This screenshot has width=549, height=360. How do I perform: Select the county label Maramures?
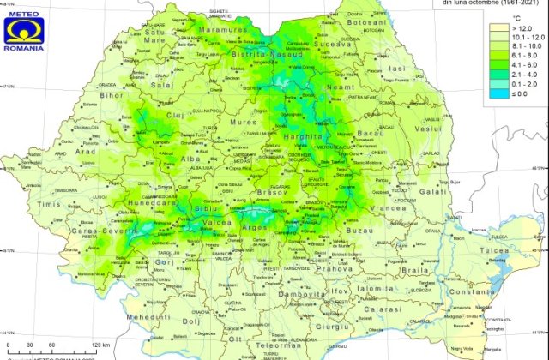(x=223, y=30)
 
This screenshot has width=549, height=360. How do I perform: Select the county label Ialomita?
(x=402, y=289)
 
